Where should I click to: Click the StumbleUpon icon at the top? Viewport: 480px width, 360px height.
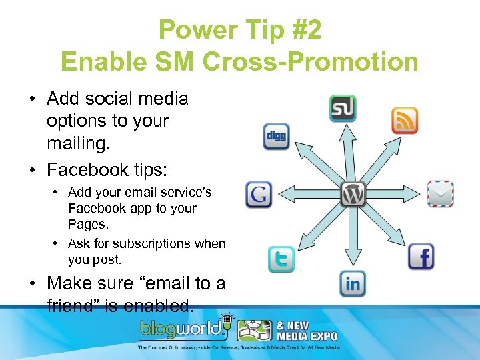click(343, 109)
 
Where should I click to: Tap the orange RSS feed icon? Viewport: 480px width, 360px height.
click(404, 121)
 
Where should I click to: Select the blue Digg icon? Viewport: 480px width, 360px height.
click(276, 137)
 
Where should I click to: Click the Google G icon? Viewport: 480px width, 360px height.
click(259, 195)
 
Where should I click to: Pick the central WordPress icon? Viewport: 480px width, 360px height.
click(353, 194)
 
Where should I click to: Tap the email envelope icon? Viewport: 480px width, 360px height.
click(440, 194)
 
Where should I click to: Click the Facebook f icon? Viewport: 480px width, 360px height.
click(421, 256)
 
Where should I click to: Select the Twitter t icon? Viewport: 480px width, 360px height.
click(281, 260)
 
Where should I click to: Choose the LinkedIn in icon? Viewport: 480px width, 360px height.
click(353, 284)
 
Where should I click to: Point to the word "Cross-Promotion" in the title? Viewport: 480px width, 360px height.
click(304, 62)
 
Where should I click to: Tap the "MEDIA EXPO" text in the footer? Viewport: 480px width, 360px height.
click(307, 336)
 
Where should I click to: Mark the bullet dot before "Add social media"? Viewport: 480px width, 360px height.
click(32, 99)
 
